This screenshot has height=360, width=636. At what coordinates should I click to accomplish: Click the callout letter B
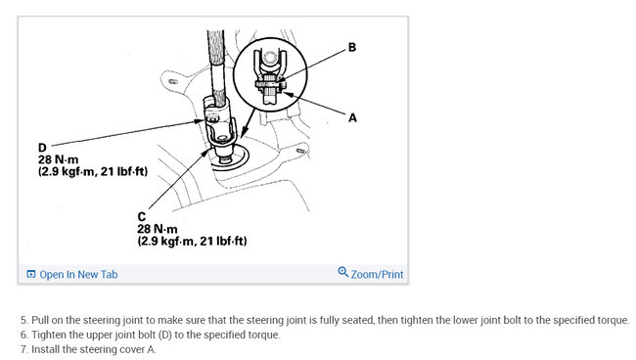pyautogui.click(x=352, y=47)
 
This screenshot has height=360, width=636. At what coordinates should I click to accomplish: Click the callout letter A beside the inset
pyautogui.click(x=352, y=118)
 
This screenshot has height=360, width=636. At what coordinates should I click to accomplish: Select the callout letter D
pyautogui.click(x=42, y=148)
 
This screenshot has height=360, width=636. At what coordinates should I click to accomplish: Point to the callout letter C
pyautogui.click(x=142, y=217)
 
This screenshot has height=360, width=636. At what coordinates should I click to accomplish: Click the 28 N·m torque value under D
pyautogui.click(x=58, y=159)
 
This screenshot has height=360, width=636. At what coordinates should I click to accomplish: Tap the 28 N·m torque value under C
pyautogui.click(x=158, y=229)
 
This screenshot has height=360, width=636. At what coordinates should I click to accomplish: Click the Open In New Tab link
pyautogui.click(x=78, y=275)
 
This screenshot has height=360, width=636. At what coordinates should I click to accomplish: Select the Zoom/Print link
pyautogui.click(x=377, y=275)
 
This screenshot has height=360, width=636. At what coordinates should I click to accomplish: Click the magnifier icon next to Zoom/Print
pyautogui.click(x=343, y=272)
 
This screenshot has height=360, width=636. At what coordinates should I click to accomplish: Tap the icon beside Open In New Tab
pyautogui.click(x=31, y=275)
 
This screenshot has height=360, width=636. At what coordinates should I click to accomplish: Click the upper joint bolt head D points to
pyautogui.click(x=212, y=119)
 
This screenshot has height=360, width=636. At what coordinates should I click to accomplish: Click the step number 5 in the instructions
pyautogui.click(x=24, y=320)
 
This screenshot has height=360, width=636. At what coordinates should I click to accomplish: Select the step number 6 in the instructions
pyautogui.click(x=24, y=335)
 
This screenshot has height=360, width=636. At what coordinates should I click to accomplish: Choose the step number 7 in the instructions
pyautogui.click(x=24, y=349)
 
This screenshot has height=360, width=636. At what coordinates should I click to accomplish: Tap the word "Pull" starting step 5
pyautogui.click(x=40, y=320)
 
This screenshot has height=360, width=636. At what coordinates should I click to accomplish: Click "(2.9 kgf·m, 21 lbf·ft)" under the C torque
pyautogui.click(x=192, y=242)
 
